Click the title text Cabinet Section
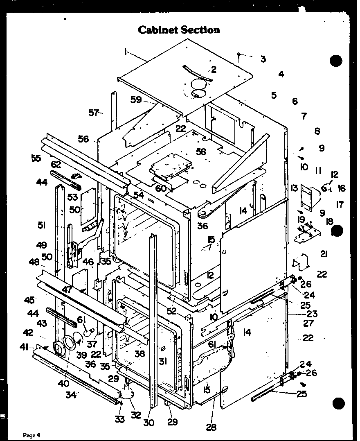(x=179, y=30)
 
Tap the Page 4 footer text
(x=32, y=435)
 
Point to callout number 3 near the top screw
(x=263, y=59)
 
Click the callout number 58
(x=200, y=152)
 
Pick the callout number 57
(x=94, y=113)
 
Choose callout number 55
(x=36, y=158)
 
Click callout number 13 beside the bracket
(x=294, y=188)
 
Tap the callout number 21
(x=324, y=254)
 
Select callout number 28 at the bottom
(x=211, y=427)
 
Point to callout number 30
(x=149, y=423)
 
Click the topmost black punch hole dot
(x=336, y=61)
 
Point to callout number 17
(x=339, y=205)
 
